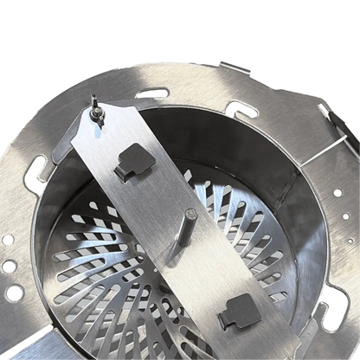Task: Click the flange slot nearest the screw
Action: (152, 93)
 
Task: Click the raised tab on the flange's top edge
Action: (235, 67)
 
